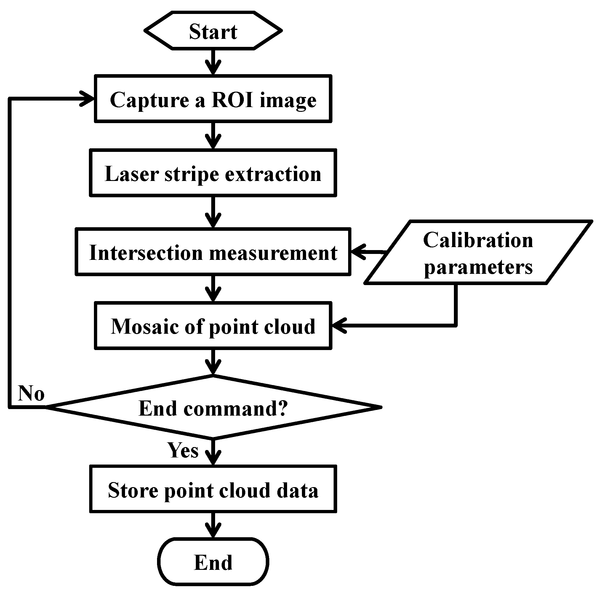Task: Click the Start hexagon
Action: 213,31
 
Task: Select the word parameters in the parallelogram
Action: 478,267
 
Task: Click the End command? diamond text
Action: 213,408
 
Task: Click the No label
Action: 31,393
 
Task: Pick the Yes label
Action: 183,450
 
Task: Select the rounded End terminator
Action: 213,562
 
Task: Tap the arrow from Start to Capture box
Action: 213,62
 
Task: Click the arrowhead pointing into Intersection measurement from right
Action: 358,252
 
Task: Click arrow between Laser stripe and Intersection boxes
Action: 213,212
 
